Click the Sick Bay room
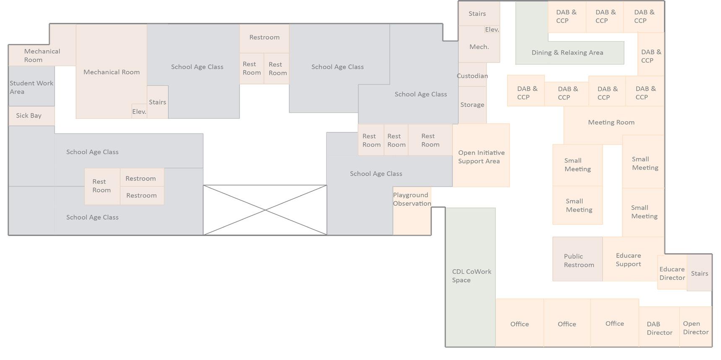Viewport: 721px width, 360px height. [29, 116]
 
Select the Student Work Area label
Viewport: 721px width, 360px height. [31, 87]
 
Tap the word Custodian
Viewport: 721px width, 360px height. [472, 76]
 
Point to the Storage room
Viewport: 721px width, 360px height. [472, 105]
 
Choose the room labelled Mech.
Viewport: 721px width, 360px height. [479, 47]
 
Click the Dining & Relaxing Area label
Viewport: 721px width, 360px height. [567, 53]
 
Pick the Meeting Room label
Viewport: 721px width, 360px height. [611, 123]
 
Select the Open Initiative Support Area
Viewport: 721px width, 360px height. [481, 157]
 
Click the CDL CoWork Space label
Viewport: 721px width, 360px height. [471, 276]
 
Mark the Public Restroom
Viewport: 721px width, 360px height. [578, 261]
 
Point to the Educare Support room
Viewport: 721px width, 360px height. [628, 260]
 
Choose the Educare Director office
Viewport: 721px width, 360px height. [672, 274]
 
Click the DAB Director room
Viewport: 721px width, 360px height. [659, 328]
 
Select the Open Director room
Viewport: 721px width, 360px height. [695, 328]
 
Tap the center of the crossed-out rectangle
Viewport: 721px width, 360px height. [265, 210]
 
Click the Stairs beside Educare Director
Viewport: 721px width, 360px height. [700, 274]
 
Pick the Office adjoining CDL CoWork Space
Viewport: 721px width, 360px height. [519, 324]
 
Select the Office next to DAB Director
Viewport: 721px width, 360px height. [614, 323]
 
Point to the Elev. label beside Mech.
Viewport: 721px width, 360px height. [492, 30]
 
